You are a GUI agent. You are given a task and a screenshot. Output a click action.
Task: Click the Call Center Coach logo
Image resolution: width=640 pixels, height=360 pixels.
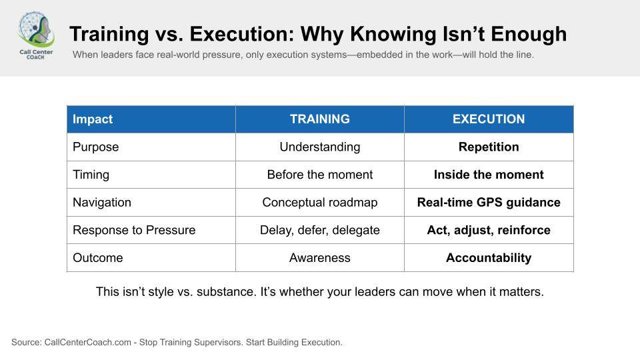36,35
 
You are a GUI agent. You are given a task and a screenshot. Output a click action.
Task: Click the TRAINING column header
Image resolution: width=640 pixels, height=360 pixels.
319,119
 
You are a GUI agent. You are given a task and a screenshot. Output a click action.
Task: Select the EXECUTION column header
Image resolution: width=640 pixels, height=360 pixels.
489,119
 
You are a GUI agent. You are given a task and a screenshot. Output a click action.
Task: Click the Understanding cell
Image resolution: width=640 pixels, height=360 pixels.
319,147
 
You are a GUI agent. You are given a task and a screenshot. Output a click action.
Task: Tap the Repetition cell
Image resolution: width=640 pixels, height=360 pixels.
489,147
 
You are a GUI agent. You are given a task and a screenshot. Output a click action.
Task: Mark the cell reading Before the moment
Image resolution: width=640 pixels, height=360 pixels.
319,175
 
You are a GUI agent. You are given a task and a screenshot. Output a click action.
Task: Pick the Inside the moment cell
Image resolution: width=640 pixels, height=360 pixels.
489,175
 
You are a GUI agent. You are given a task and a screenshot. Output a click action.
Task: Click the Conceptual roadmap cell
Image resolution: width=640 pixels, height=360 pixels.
319,203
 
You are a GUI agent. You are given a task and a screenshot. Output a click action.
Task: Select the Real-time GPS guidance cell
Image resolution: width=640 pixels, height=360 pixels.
489,203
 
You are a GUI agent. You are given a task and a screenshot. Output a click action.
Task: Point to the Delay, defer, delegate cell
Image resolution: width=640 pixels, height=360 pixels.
319,230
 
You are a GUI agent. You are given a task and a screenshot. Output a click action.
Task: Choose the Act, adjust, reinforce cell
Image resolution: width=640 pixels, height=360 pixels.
489,230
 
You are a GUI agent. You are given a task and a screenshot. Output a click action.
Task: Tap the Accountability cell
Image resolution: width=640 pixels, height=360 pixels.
489,258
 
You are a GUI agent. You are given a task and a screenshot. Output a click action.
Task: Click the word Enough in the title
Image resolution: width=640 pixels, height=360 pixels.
529,34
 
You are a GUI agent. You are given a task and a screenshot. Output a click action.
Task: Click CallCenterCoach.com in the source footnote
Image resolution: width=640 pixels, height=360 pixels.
88,342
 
